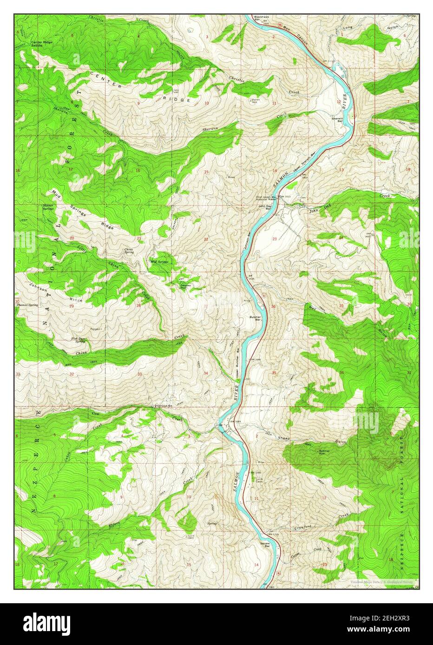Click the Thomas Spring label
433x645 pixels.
click(27, 305)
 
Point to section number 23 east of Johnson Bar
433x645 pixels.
click(275, 239)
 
